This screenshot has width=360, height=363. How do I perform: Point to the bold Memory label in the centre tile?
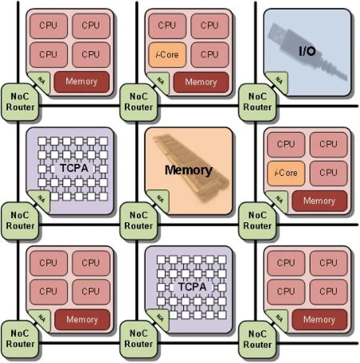[188, 170]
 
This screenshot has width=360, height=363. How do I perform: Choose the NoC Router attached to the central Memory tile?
[138, 221]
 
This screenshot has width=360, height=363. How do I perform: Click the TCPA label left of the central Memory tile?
[74, 168]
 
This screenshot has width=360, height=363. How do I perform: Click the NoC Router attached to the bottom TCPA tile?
[138, 339]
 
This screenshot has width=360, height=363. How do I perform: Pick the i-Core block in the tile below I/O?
[285, 173]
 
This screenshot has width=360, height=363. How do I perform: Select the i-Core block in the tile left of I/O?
[167, 54]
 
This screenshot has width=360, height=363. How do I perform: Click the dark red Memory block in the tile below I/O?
[319, 200]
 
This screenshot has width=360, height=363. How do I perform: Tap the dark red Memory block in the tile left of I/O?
[201, 82]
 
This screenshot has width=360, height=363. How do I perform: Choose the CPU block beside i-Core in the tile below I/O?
[328, 173]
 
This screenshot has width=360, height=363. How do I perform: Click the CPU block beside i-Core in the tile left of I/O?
[209, 54]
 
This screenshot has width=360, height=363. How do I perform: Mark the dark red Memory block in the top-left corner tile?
[82, 81]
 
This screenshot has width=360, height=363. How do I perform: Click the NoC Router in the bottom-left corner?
[20, 339]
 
